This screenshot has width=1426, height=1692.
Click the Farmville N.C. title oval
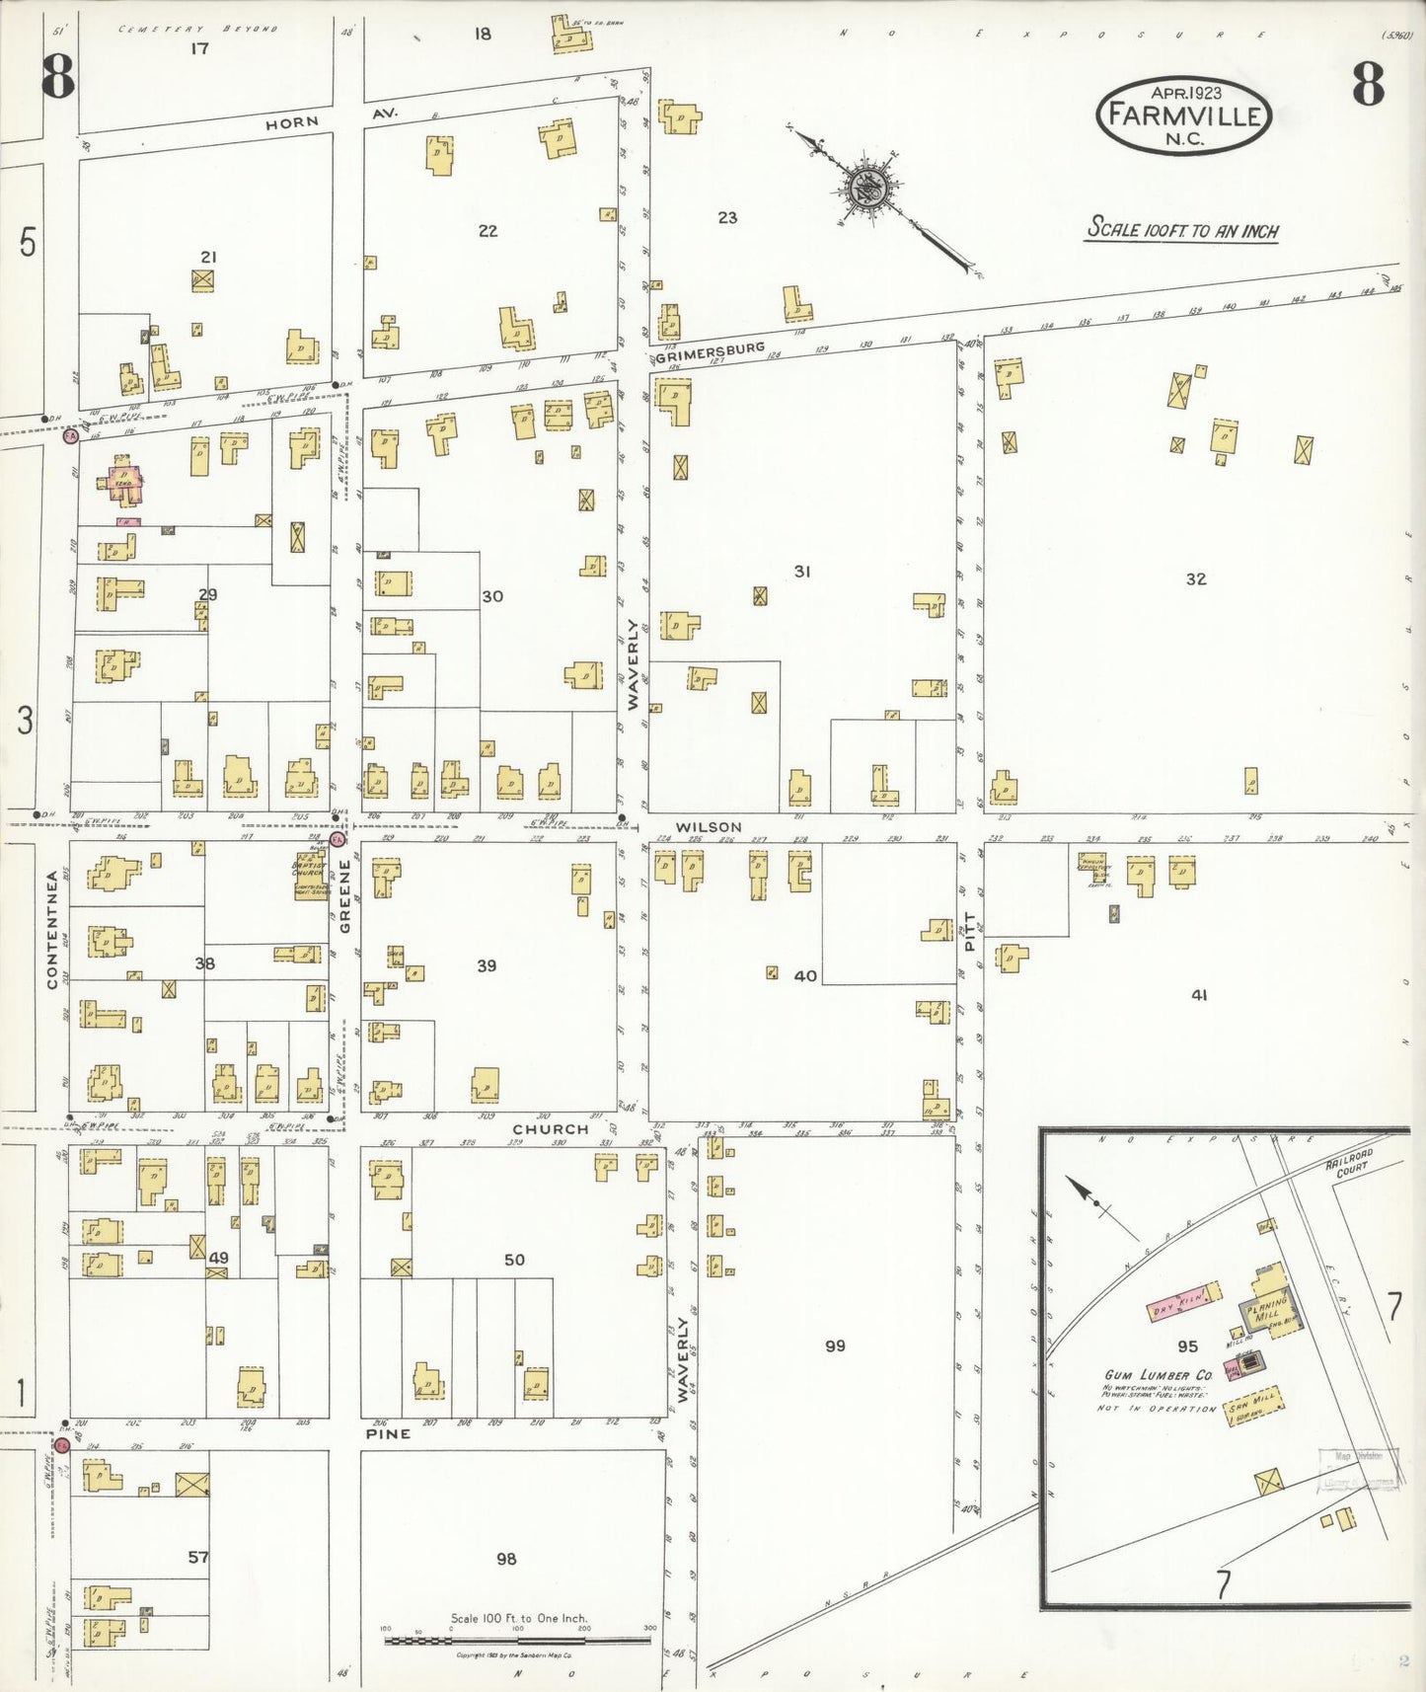click(1183, 115)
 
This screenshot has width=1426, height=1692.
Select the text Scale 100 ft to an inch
click(1182, 230)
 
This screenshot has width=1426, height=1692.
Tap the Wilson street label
click(709, 827)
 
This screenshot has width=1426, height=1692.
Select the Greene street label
click(345, 896)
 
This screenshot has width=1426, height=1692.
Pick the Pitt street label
click(969, 931)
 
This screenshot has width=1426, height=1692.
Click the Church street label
click(550, 1128)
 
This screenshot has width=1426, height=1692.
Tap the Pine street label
click(388, 1433)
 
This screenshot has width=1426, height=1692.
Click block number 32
click(1196, 579)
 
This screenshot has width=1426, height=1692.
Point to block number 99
click(835, 1346)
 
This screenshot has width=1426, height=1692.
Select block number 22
click(488, 231)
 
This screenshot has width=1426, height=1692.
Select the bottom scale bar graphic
click(517, 1641)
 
